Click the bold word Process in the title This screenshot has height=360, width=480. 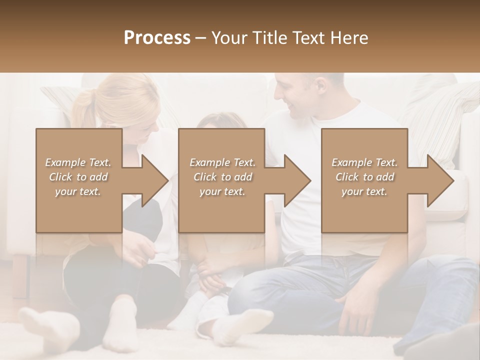pos(157,38)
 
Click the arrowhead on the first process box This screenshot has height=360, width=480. pos(152,180)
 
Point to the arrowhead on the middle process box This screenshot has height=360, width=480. pos(295,180)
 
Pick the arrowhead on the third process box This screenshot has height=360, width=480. pos(438,180)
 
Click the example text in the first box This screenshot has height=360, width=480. pos(78,177)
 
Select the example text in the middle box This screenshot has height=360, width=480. pos(222,177)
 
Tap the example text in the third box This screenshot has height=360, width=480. pos(364,177)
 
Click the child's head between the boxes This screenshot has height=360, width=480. pos(220,120)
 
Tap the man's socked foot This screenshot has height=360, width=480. pos(245,325)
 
